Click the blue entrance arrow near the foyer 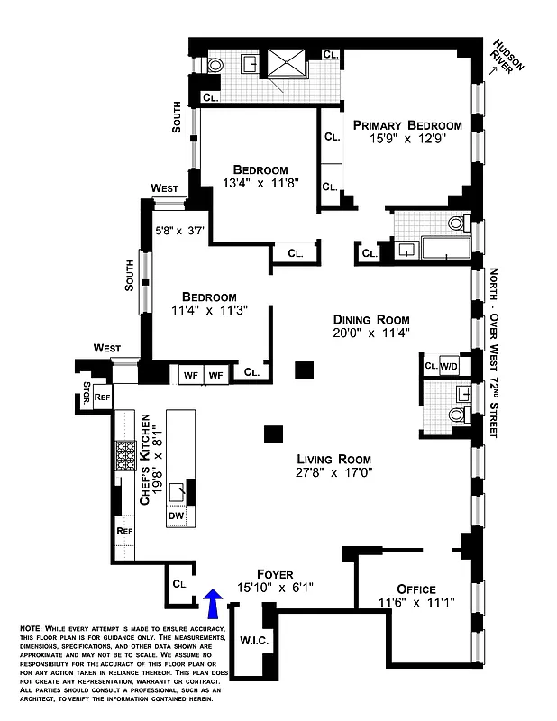[x=213, y=601]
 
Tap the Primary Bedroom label [x=407, y=125]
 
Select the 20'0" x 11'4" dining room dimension [x=371, y=333]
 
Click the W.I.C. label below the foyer [x=253, y=641]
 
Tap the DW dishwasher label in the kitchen [x=177, y=516]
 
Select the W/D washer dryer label [x=449, y=366]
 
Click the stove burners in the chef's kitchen [x=123, y=456]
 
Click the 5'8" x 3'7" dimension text [x=180, y=230]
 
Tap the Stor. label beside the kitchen [x=86, y=395]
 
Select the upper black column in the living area [x=305, y=370]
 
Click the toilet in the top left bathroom [x=215, y=66]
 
